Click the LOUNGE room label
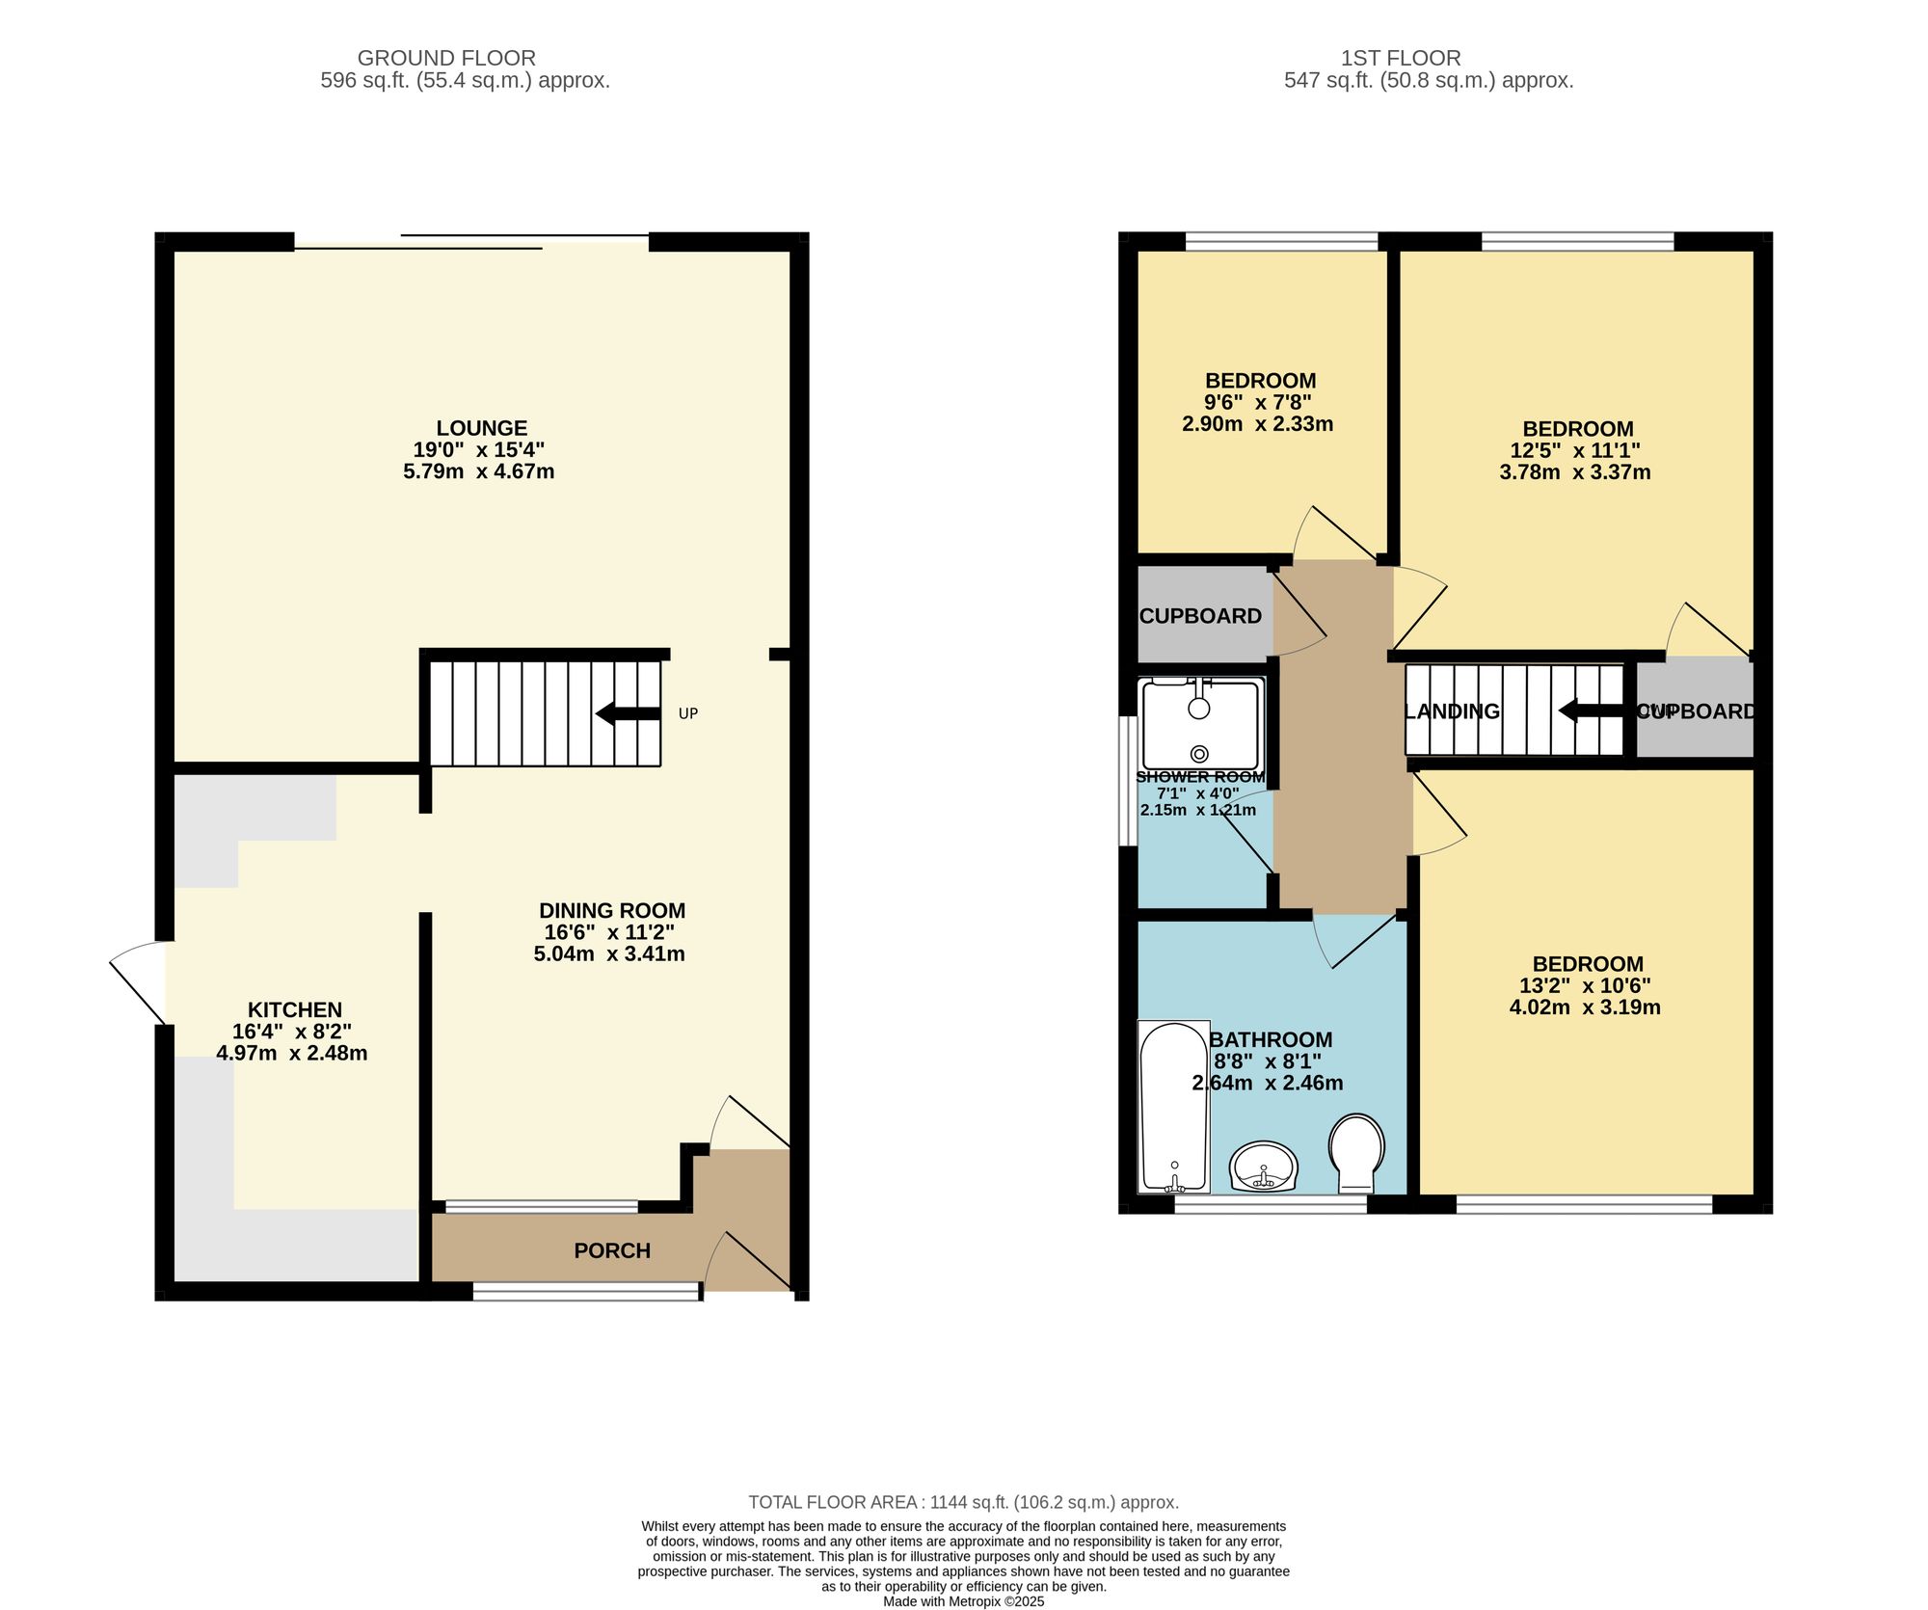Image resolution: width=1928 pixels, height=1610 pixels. click(481, 428)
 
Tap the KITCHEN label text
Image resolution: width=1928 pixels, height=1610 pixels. click(295, 1009)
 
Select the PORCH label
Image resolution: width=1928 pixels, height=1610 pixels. click(612, 1250)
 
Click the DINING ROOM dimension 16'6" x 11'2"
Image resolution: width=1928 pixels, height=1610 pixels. click(609, 932)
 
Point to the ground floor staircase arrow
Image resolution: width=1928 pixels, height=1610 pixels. click(628, 714)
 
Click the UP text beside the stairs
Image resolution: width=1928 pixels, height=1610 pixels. click(687, 713)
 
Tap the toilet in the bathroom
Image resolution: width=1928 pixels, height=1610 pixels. click(1356, 1152)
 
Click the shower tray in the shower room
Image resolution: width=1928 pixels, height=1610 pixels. click(1200, 723)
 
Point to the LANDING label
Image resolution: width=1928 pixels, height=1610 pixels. click(1452, 711)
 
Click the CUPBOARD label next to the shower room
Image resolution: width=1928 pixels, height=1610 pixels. click(1200, 616)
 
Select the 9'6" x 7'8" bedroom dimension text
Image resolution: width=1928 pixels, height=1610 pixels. click(1258, 402)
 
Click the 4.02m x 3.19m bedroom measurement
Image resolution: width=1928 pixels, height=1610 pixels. click(1585, 1007)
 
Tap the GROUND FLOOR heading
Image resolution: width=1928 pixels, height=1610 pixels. click(446, 58)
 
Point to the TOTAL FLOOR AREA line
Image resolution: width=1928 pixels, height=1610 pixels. click(963, 1502)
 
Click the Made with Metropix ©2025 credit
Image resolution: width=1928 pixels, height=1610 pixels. click(963, 1601)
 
